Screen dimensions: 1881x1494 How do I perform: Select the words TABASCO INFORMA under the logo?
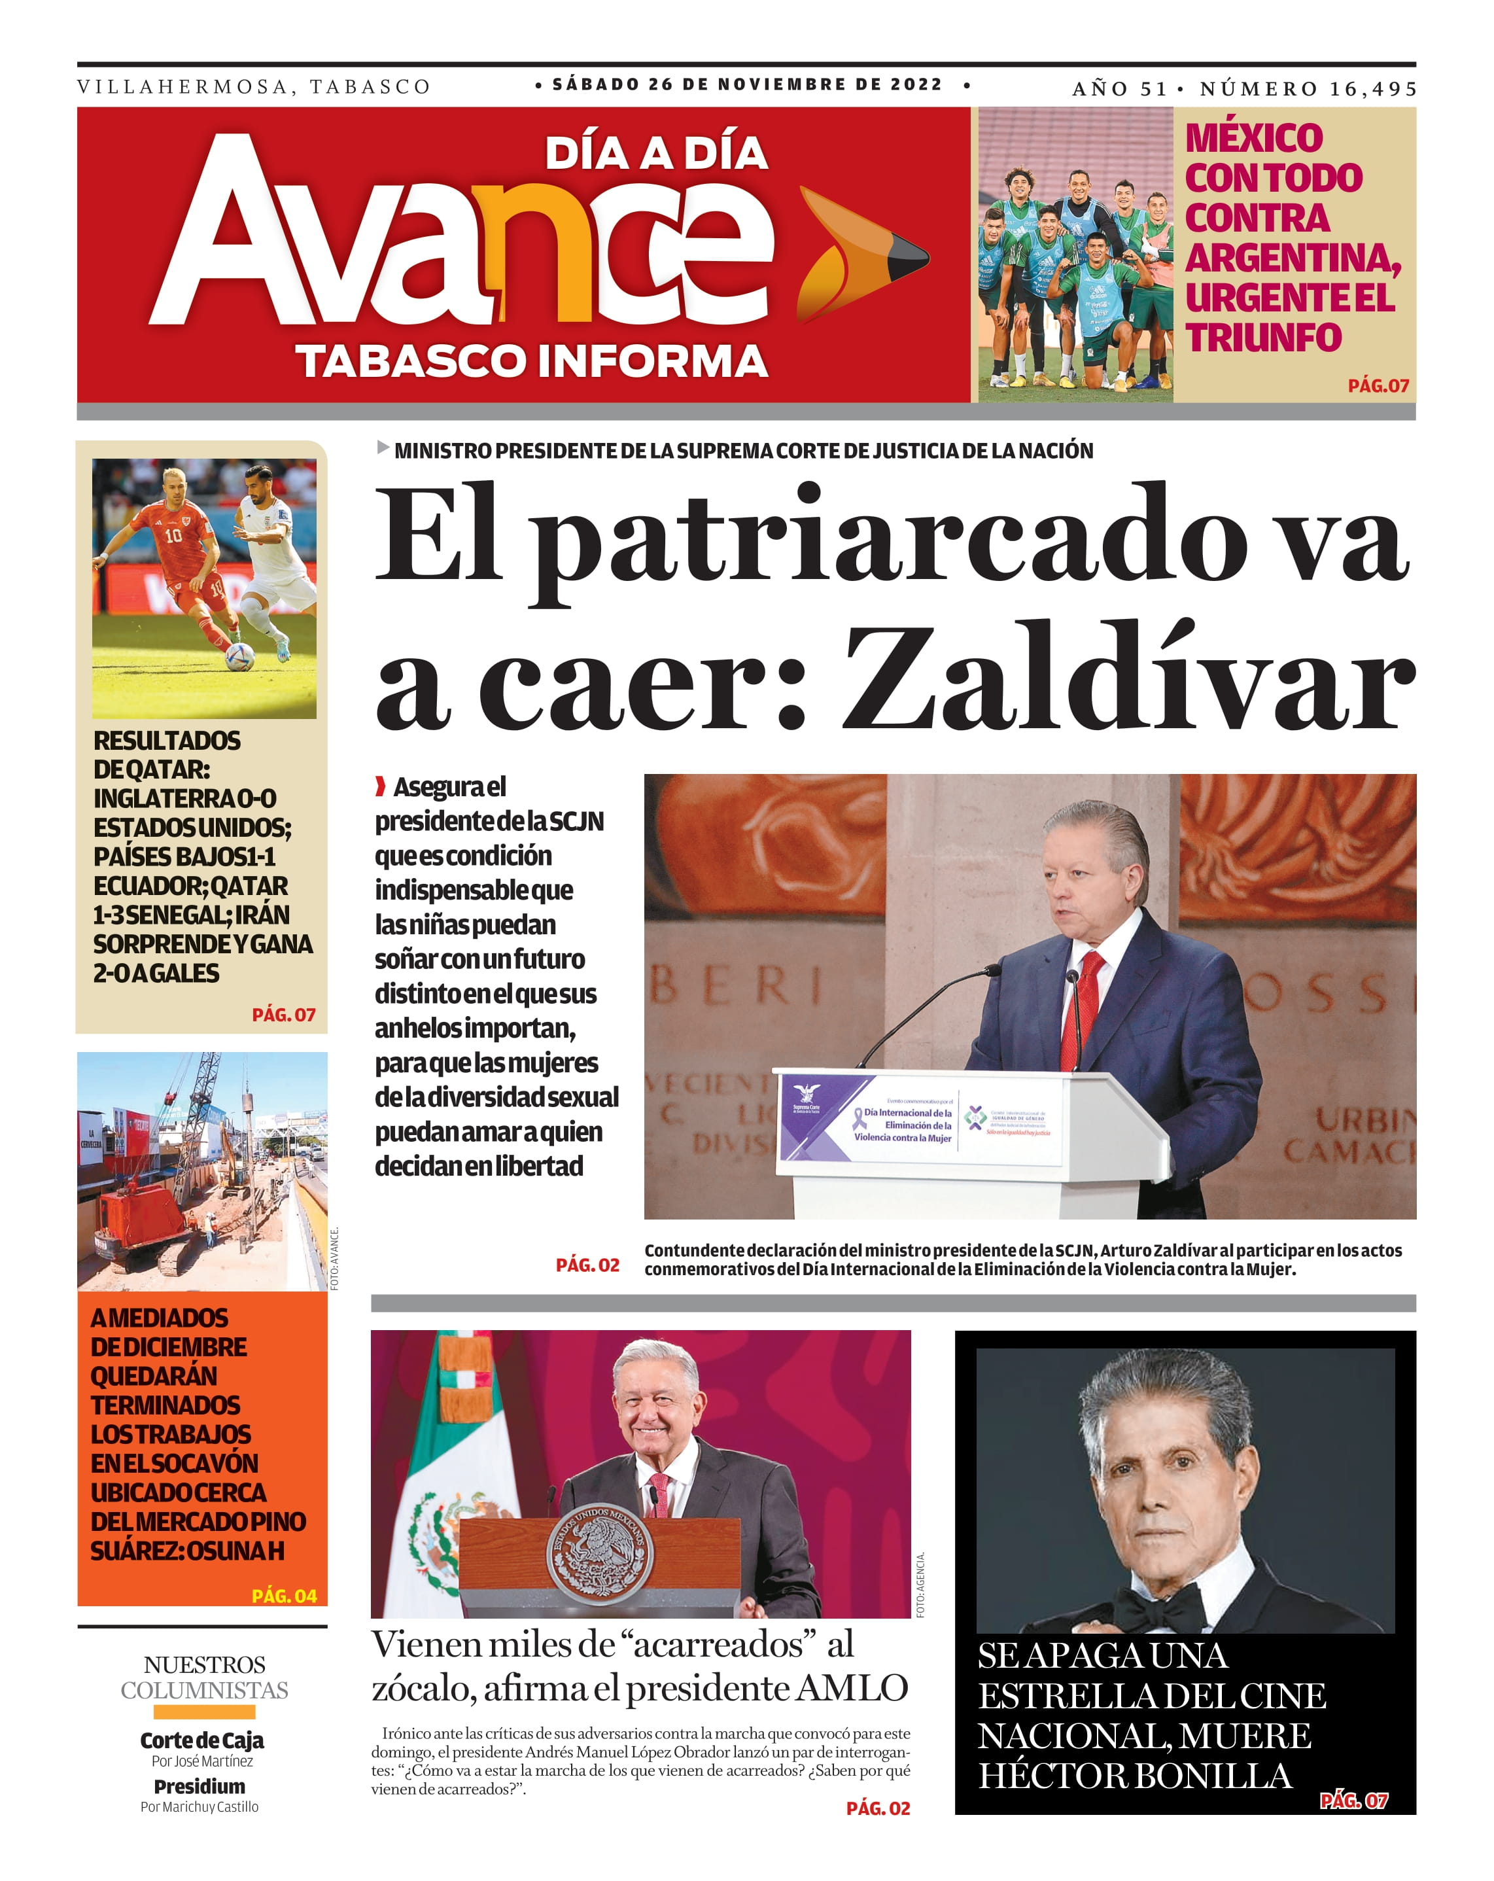coord(531,360)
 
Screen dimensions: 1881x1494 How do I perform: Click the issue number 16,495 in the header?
coord(1372,89)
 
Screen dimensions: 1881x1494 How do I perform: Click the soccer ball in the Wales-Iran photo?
coord(240,656)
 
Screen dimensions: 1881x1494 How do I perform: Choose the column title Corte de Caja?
coord(201,1740)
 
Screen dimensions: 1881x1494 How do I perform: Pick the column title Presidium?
coord(200,1786)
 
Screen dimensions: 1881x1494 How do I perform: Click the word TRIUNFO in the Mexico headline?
coord(1263,338)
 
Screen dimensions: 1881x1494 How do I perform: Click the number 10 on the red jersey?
coord(173,535)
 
